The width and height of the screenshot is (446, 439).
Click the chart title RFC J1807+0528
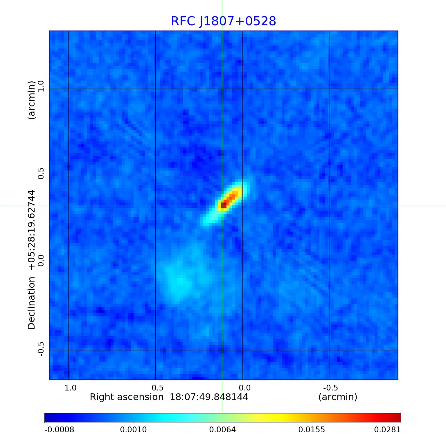pos(223,21)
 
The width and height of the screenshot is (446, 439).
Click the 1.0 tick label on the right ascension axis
pos(70,388)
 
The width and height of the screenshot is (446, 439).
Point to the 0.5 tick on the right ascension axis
pos(157,388)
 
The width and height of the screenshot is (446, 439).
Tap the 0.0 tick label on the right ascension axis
pos(244,388)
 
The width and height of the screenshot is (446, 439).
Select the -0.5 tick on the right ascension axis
pos(330,388)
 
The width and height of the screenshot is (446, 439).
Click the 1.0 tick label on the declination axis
pos(40,86)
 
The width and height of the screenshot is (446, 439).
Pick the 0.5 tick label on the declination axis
pos(40,173)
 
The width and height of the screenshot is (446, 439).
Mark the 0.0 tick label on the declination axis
pos(40,261)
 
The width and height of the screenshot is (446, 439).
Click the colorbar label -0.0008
pos(59,429)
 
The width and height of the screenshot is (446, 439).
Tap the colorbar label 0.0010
pos(134,429)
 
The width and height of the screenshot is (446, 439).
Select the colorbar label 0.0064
pos(223,429)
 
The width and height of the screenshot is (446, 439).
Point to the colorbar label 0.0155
pos(312,429)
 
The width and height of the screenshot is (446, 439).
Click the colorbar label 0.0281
pos(387,429)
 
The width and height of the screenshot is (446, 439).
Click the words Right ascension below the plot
pos(127,397)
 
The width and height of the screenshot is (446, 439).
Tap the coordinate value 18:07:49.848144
pos(209,397)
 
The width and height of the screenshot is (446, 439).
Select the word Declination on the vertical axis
pos(31,303)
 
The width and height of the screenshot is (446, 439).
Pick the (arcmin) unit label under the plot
pos(338,397)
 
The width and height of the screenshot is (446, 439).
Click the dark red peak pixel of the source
pos(223,205)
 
